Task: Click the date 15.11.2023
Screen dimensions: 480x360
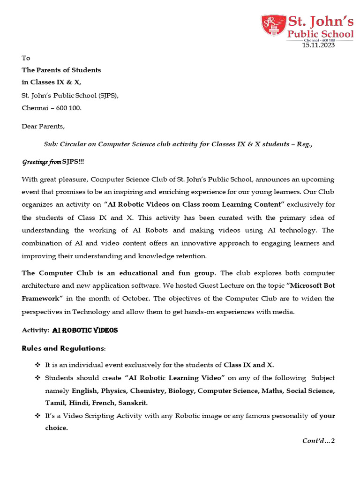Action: pyautogui.click(x=318, y=45)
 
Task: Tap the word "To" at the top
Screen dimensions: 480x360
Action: pyautogui.click(x=26, y=58)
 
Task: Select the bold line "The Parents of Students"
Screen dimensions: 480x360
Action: pyautogui.click(x=61, y=70)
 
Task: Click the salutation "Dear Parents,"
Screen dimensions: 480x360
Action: pyautogui.click(x=44, y=126)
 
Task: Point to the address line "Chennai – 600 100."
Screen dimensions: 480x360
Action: pyautogui.click(x=52, y=108)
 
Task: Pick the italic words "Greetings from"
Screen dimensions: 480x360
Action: pyautogui.click(x=41, y=162)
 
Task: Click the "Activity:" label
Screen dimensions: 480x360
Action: pyautogui.click(x=36, y=330)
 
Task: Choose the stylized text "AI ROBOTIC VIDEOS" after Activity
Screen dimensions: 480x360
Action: pyautogui.click(x=85, y=330)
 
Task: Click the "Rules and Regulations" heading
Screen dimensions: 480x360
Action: pyautogui.click(x=63, y=348)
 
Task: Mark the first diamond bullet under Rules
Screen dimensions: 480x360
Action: pyautogui.click(x=37, y=365)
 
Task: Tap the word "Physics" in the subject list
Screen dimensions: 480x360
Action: pyautogui.click(x=112, y=390)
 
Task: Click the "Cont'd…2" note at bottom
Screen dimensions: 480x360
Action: pyautogui.click(x=319, y=441)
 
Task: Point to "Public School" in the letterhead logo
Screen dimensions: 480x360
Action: pyautogui.click(x=321, y=34)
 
